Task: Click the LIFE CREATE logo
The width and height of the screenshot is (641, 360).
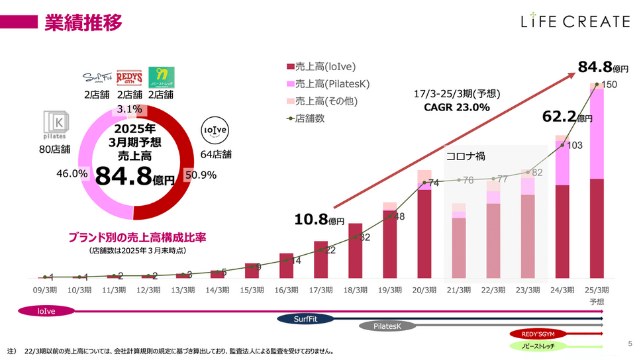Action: tap(575, 21)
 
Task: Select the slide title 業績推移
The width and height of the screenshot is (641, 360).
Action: tap(83, 22)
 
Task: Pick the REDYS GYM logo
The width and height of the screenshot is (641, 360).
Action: tap(130, 79)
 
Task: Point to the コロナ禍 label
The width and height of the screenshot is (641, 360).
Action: tap(466, 157)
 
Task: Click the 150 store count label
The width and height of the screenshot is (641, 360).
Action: tap(610, 85)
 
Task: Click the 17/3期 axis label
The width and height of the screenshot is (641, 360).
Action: tap(320, 290)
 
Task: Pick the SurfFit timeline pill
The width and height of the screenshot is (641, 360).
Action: tap(310, 318)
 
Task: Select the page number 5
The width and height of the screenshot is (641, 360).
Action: tap(629, 343)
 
